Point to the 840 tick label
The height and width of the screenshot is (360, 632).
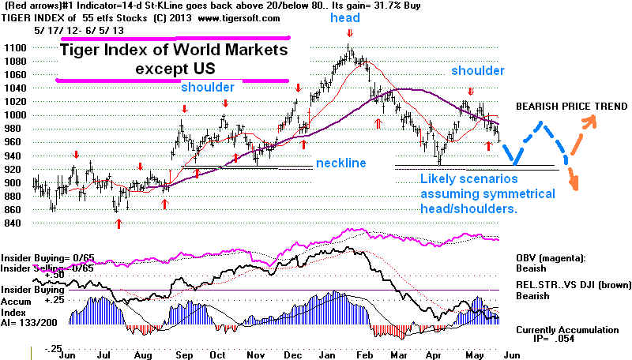15,223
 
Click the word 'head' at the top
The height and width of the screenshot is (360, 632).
345,17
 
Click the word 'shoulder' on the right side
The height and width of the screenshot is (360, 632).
477,71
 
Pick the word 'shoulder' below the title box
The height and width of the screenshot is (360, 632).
208,87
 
